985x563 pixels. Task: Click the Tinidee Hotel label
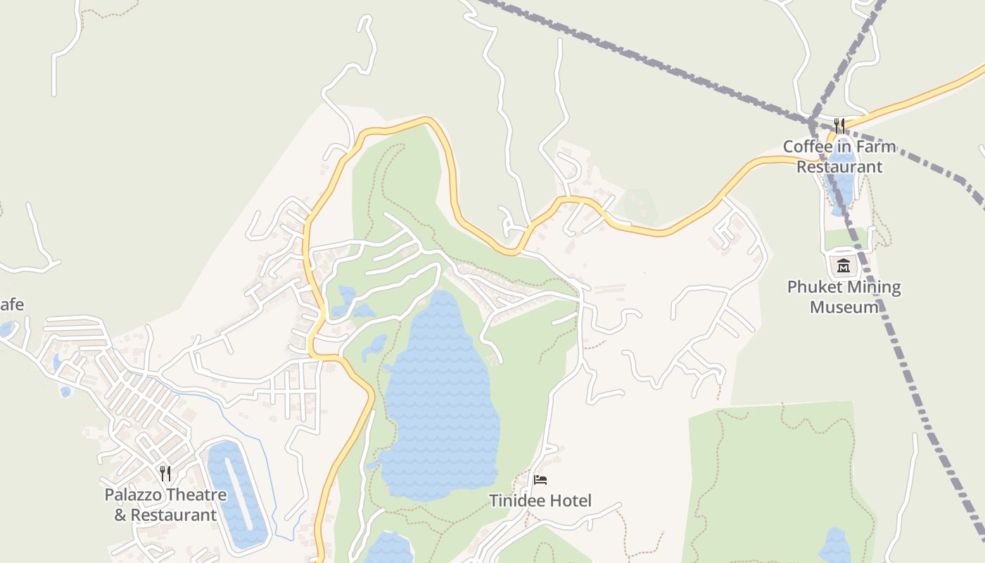coord(540,500)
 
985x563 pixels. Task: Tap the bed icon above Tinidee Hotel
coord(540,480)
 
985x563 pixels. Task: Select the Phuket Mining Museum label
coord(844,297)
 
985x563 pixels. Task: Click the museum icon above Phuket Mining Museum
coord(844,266)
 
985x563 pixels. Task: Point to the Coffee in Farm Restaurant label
coord(839,156)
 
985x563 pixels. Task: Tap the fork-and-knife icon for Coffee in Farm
coord(839,126)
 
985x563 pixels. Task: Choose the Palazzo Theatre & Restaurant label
coord(165,505)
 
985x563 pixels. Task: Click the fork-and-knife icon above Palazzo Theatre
coord(165,473)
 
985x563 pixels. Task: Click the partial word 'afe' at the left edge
coord(12,305)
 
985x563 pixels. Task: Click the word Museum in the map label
coord(844,307)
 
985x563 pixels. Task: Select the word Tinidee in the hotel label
coord(515,500)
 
